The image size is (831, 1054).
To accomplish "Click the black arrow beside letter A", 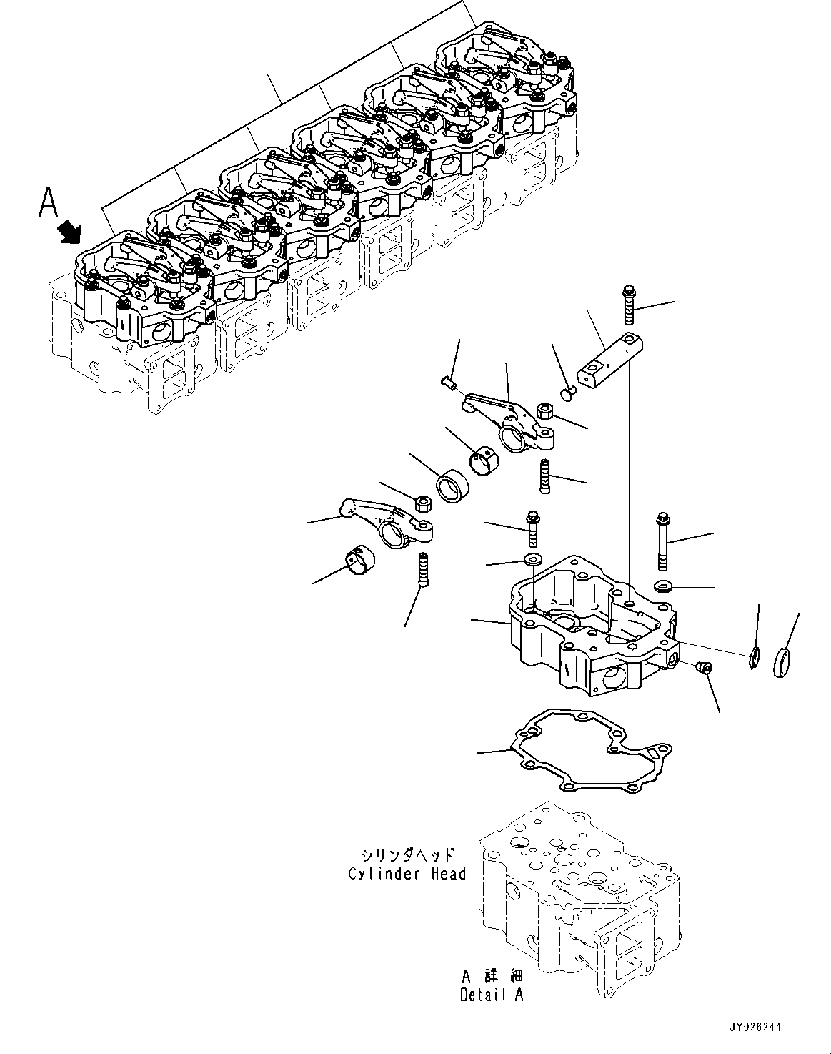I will tap(71, 231).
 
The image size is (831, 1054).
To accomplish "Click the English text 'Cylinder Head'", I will tap(407, 873).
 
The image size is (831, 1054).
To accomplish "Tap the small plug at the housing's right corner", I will tap(704, 666).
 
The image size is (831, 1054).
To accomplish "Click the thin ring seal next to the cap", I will tap(754, 657).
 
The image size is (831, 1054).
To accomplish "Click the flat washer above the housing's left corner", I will tap(532, 558).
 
